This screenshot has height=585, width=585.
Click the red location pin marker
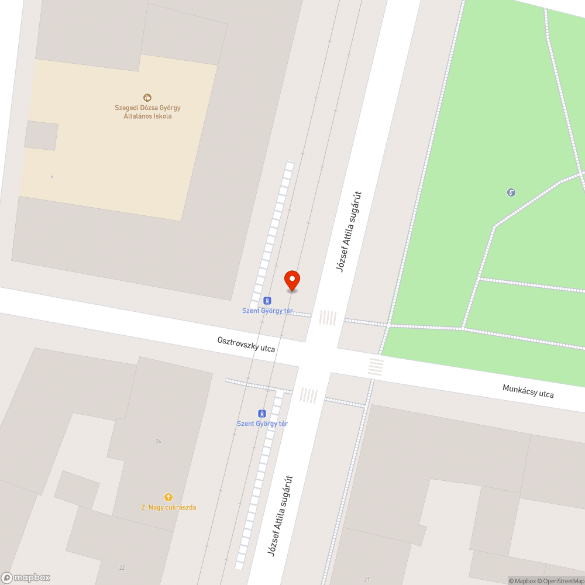(292, 280)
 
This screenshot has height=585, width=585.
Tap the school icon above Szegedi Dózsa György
(147, 98)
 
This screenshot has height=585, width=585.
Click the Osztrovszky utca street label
(246, 344)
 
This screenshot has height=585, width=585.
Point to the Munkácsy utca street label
(528, 391)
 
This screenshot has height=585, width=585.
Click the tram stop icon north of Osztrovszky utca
(267, 300)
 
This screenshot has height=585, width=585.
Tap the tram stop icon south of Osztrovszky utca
(261, 412)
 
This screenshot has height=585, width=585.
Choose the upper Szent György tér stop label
(267, 311)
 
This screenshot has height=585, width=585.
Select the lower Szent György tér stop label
(262, 424)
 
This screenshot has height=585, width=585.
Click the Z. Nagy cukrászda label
(168, 507)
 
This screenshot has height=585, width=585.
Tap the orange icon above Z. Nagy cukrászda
(168, 497)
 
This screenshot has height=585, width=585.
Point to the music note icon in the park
(511, 192)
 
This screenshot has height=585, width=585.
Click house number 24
(158, 441)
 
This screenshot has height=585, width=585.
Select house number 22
(122, 567)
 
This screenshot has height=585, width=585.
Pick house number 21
(367, 579)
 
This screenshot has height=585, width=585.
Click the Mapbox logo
(26, 577)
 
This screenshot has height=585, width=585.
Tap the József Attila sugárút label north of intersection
(349, 232)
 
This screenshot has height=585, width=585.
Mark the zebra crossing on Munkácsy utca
(376, 367)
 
